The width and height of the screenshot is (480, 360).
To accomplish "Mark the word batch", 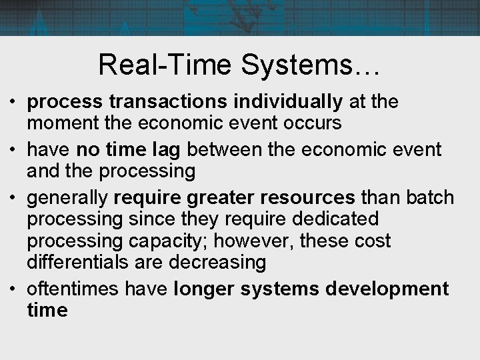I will pos(430,198).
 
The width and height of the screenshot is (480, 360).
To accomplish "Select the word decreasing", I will pos(217,262).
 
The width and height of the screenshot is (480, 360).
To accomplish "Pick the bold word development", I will pos(387,289).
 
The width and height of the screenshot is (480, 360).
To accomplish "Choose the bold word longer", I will pos(205,289).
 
